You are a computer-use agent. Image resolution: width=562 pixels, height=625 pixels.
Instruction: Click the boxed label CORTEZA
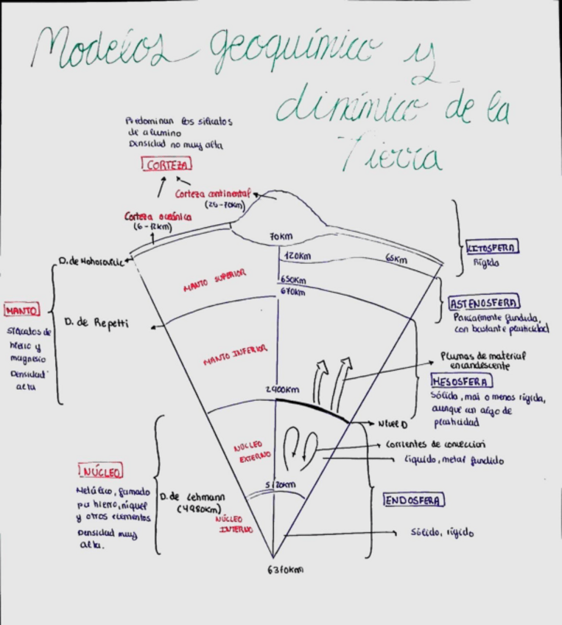click(x=166, y=166)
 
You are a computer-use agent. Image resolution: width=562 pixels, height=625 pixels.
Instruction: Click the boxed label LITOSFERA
click(x=492, y=248)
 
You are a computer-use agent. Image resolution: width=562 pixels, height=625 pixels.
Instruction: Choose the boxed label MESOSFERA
click(x=462, y=381)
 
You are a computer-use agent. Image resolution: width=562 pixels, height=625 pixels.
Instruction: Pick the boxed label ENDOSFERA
click(x=414, y=500)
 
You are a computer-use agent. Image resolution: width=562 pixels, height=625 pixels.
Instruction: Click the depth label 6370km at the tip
click(x=284, y=570)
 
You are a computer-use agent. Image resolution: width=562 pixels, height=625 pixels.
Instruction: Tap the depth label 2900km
click(x=282, y=389)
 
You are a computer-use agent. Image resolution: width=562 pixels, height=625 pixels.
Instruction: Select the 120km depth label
click(x=296, y=256)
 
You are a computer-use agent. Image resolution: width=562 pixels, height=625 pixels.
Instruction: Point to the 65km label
click(x=396, y=259)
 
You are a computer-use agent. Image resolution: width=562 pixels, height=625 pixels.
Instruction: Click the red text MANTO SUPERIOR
click(x=214, y=281)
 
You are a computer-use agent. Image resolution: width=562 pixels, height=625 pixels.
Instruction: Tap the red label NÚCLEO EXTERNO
click(x=251, y=452)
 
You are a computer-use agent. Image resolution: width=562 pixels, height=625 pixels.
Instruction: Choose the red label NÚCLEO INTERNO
click(x=233, y=524)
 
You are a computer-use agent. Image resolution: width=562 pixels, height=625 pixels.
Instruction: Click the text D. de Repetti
click(x=96, y=323)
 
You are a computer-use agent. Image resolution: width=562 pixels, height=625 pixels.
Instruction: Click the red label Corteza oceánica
click(x=158, y=217)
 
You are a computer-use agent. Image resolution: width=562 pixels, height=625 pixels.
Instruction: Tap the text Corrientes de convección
click(x=435, y=444)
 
